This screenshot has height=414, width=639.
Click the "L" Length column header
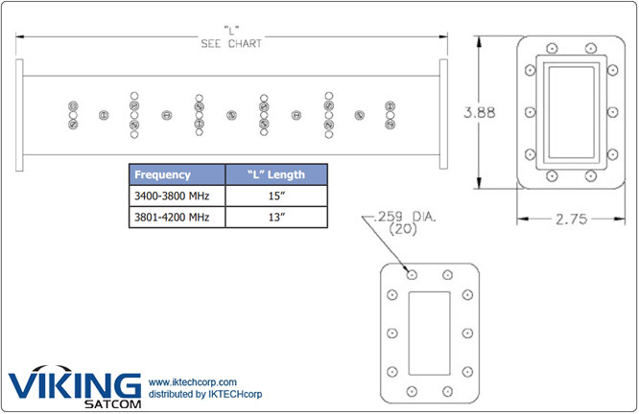click(276, 174)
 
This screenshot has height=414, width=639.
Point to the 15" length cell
click(276, 195)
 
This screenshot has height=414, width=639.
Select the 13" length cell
click(276, 217)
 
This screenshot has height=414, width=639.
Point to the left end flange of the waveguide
click(19, 115)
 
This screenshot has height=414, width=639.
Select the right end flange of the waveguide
click(442, 115)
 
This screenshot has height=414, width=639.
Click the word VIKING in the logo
click(76, 385)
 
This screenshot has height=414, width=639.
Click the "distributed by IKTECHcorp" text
click(205, 394)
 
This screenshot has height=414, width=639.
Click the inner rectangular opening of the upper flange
click(571, 113)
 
